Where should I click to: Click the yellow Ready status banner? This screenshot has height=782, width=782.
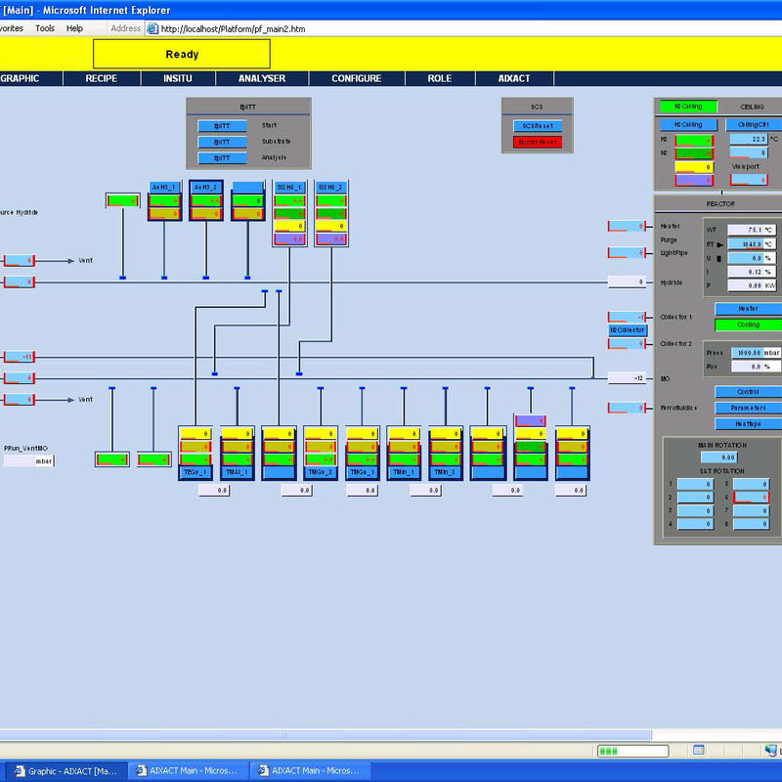182,55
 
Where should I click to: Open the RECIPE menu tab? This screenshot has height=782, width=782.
102,79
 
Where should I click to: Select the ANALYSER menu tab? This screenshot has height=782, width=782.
262,79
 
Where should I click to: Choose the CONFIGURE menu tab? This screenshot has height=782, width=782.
356,79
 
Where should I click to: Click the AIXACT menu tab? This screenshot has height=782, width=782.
514,79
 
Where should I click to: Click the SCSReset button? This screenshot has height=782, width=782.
537,126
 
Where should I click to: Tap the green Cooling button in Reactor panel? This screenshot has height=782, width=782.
748,325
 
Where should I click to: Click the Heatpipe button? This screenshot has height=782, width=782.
748,424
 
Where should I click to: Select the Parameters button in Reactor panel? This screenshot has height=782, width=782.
748,408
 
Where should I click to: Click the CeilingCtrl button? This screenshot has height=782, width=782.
753,125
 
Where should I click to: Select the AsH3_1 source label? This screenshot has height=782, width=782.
164,187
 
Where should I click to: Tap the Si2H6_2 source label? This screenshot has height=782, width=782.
331,187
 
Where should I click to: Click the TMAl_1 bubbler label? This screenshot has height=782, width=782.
238,472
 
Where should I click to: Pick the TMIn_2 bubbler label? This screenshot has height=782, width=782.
446,472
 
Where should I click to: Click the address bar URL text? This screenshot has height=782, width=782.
231,28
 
